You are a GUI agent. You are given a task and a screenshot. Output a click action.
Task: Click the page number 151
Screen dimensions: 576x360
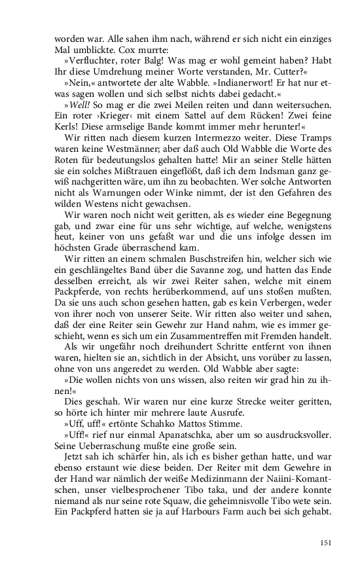click(x=327, y=542)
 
